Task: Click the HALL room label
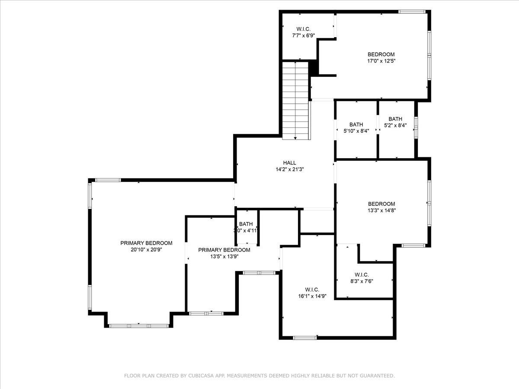290,163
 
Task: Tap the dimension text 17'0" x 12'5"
381,61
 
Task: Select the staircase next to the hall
296,100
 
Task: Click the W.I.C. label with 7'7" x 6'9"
303,29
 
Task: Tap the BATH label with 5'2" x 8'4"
395,119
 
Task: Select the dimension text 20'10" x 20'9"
146,249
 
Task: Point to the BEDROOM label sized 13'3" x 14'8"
381,204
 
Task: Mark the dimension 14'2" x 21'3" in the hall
290,169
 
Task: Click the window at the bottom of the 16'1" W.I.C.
305,337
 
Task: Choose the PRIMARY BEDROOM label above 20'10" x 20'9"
146,243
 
